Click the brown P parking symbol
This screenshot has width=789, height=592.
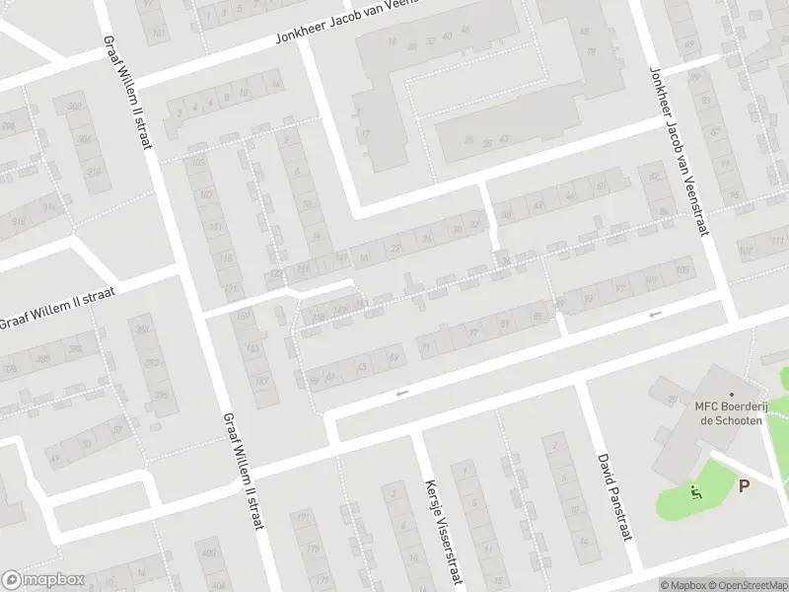coord(744,484)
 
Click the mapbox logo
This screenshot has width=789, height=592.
coord(43,580)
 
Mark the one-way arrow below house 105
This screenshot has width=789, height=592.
coord(655,314)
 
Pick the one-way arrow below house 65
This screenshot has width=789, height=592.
coord(400,394)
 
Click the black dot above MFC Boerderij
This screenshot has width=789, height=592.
coord(731,394)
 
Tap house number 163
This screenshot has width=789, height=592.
coord(252,347)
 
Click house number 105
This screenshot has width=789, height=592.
coord(682,268)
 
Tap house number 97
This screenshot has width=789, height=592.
coord(619,288)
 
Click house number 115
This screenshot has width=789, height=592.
coord(226,259)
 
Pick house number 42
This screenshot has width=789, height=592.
coord(539,204)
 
